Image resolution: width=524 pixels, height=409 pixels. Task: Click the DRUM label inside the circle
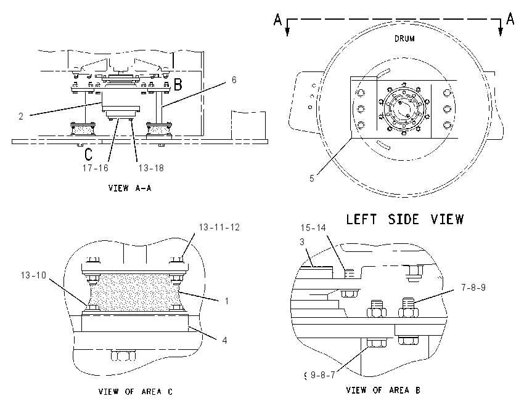pyautogui.click(x=404, y=39)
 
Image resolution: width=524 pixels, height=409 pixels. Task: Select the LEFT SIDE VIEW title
pyautogui.click(x=404, y=219)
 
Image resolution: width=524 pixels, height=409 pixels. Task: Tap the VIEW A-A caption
pyautogui.click(x=129, y=188)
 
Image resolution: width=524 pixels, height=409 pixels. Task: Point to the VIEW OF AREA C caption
pyautogui.click(x=136, y=391)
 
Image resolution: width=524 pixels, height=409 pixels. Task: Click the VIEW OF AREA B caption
pyautogui.click(x=383, y=390)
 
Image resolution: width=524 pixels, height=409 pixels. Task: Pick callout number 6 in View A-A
pyautogui.click(x=234, y=80)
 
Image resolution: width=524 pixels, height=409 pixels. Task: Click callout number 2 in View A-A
pyautogui.click(x=21, y=116)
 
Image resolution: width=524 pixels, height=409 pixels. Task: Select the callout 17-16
pyautogui.click(x=96, y=168)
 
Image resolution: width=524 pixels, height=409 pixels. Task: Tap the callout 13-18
pyautogui.click(x=151, y=168)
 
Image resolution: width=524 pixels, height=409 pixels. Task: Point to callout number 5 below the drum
pyautogui.click(x=311, y=179)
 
